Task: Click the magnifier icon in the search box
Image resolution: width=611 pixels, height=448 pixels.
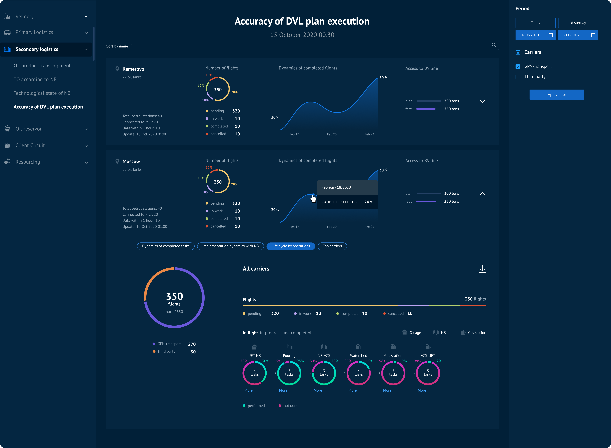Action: coord(494,45)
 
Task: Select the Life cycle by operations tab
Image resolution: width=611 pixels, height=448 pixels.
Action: coord(291,246)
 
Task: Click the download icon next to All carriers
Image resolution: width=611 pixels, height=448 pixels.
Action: coord(482,269)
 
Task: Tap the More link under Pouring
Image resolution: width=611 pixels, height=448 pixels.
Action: coord(283,390)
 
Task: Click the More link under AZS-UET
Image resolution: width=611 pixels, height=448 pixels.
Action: coord(422,390)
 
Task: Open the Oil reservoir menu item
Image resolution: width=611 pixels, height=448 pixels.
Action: coord(29,129)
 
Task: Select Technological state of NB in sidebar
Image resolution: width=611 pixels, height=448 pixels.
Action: coord(42,93)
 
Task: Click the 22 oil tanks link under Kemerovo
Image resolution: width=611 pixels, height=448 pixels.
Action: coord(132,77)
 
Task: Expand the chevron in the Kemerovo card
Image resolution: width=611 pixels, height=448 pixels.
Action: coord(482,101)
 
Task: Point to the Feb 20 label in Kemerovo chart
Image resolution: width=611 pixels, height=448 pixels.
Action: coord(332,134)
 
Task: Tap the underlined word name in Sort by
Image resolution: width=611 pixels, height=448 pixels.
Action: coord(123,46)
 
